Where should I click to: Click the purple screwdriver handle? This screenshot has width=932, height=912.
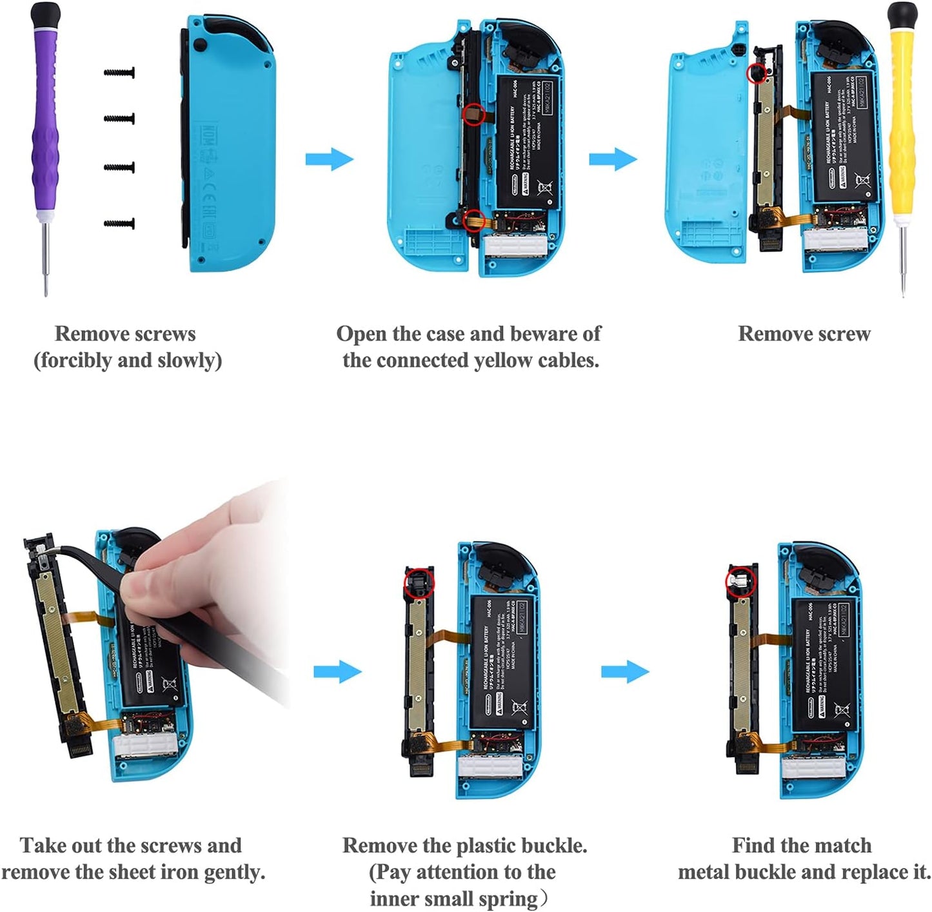45,116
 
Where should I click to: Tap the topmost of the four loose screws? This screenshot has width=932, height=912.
119,73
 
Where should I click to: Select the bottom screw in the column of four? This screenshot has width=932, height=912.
119,224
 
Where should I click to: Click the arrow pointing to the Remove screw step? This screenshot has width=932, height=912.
613,159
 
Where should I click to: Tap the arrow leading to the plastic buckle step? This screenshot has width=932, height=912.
337,672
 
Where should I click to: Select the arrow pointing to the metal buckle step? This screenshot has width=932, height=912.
624,672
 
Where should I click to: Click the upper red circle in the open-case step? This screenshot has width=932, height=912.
474,114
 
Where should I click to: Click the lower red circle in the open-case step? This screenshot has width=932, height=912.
474,219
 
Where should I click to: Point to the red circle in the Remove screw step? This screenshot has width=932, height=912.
756,73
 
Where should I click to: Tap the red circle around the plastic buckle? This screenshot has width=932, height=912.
419,584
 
